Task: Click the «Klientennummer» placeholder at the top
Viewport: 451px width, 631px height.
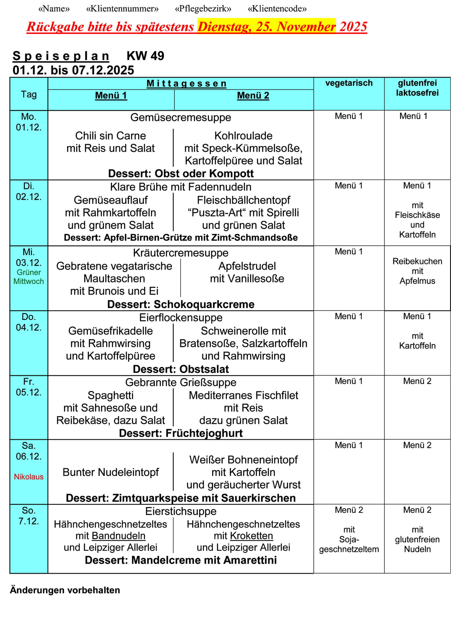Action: tap(122, 9)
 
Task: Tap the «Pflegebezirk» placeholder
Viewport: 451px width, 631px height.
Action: tap(203, 9)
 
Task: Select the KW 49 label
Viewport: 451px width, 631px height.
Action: tap(145, 56)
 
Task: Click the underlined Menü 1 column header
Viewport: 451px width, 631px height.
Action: tap(111, 96)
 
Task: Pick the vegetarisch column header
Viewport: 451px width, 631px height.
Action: tap(349, 83)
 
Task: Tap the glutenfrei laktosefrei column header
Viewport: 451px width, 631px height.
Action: tap(417, 88)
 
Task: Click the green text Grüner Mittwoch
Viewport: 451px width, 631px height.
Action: tap(29, 277)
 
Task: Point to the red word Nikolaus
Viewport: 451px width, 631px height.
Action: tap(29, 477)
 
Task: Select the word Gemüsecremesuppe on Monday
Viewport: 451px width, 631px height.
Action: tap(181, 117)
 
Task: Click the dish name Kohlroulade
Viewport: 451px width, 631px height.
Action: tap(243, 136)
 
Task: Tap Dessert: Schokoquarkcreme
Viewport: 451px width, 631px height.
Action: tap(181, 304)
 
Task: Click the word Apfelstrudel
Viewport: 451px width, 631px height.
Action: tap(247, 266)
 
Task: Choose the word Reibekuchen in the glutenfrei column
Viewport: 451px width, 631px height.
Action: tap(417, 261)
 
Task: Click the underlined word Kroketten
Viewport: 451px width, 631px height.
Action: tap(251, 536)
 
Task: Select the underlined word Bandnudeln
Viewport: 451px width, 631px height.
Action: tap(118, 536)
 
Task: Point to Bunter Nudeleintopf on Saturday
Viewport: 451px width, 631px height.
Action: tap(111, 472)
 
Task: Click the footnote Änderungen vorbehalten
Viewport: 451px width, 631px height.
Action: tap(65, 590)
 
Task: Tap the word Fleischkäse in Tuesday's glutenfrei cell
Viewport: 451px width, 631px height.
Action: tap(417, 215)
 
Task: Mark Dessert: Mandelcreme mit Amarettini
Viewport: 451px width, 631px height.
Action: tap(181, 560)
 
